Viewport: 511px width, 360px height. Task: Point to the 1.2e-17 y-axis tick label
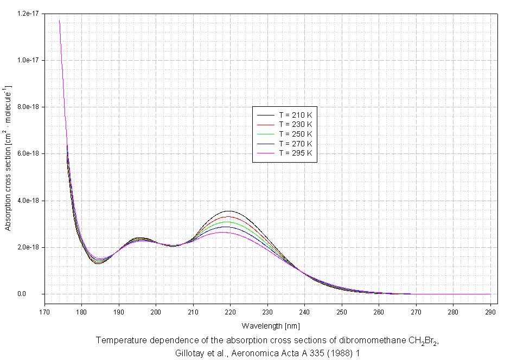28,13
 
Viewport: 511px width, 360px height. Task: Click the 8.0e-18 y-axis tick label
28,107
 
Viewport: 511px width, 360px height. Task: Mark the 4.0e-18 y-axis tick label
28,201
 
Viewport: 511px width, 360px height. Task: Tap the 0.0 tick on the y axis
37,294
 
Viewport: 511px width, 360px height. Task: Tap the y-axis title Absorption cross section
8,157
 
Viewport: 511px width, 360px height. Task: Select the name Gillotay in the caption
189,352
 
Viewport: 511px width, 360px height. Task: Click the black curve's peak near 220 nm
230,211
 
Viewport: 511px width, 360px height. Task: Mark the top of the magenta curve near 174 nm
59,21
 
